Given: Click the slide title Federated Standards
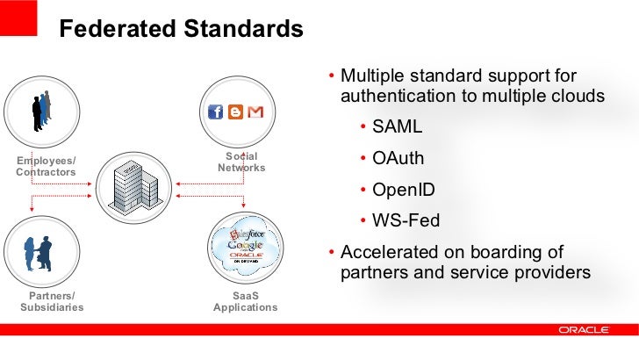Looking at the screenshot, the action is (x=180, y=30).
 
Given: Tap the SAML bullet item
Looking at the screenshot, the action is (x=397, y=126).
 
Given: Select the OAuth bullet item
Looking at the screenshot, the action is (x=398, y=159).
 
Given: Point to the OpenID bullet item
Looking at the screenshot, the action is (x=403, y=190).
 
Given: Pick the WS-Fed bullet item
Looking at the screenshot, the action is (x=406, y=220).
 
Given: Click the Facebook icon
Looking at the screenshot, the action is (x=215, y=112).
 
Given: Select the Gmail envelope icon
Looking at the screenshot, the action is (x=256, y=112).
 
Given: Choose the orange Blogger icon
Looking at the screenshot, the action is (x=236, y=112).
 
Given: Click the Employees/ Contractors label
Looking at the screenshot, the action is (x=46, y=166).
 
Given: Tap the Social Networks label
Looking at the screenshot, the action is (x=241, y=162).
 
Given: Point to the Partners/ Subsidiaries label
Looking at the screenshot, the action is (x=51, y=301).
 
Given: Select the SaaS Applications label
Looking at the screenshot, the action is (x=245, y=301).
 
